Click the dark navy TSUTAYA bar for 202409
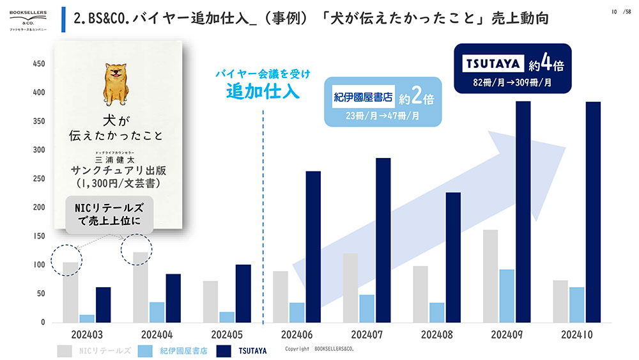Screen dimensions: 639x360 coord(523,212)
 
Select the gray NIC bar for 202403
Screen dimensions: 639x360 coord(70,292)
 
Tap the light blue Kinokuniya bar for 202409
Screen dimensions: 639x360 coord(507,296)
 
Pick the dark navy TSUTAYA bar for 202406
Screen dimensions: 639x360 coord(313,247)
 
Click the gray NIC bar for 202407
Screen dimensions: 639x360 coord(350,288)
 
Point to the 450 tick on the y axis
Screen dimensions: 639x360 coord(39,63)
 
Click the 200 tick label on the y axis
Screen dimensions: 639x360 coord(39,207)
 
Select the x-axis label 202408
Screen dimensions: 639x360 coord(436,334)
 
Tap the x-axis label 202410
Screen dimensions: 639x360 coord(576,334)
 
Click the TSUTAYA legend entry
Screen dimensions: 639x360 coord(242,351)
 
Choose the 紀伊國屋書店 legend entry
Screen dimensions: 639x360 coord(173,351)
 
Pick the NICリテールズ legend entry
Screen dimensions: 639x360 coord(94,351)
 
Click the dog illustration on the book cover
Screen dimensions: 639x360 coord(116,84)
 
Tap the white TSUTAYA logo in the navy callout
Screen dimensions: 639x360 coord(493,63)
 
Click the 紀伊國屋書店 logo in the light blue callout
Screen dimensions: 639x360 coord(363,97)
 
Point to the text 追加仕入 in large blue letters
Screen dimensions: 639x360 coord(263,91)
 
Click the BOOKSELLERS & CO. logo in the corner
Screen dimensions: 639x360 coord(28,21)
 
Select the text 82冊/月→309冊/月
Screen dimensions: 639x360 coord(512,82)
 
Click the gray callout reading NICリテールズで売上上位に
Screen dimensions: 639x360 coord(109,214)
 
